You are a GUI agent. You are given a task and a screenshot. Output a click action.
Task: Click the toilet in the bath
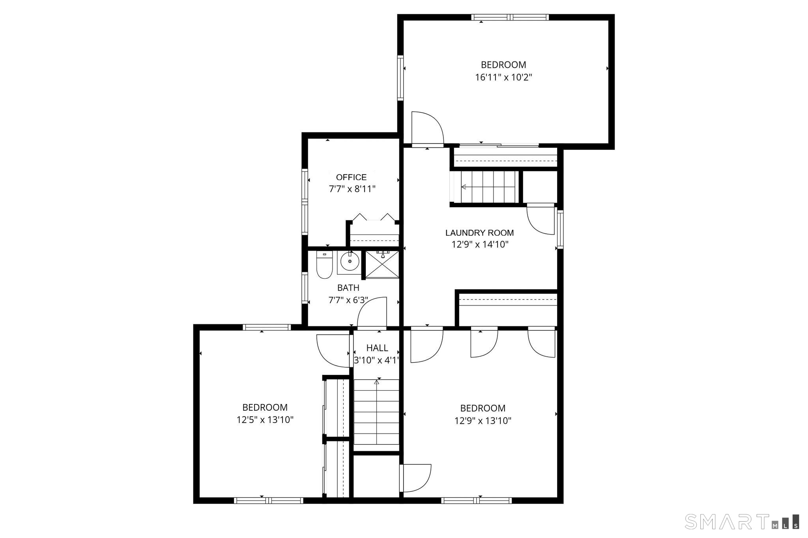click(324, 265)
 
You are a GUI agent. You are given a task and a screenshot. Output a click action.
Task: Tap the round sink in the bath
click(349, 261)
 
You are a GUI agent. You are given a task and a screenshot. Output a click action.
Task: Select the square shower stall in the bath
click(382, 264)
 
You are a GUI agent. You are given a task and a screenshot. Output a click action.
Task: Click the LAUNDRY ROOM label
click(479, 233)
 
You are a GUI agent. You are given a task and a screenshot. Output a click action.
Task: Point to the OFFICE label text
click(351, 177)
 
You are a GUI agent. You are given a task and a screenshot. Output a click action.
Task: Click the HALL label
click(377, 348)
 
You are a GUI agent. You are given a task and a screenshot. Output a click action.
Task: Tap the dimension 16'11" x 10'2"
click(503, 77)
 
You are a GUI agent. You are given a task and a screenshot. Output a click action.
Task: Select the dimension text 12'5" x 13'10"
click(265, 420)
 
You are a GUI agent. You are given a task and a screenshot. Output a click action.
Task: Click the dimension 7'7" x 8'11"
click(352, 189)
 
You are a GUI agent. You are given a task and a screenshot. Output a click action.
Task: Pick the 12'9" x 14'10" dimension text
click(480, 245)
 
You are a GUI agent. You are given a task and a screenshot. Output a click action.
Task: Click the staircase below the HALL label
click(376, 411)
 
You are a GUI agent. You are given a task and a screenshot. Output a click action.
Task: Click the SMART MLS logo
click(742, 521)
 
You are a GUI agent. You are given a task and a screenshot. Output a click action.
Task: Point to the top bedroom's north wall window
click(510, 17)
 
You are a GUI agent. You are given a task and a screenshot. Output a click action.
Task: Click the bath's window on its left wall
click(305, 288)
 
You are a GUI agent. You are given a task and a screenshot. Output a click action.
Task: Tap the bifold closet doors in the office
click(373, 217)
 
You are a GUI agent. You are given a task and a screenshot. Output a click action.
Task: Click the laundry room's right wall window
click(560, 229)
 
